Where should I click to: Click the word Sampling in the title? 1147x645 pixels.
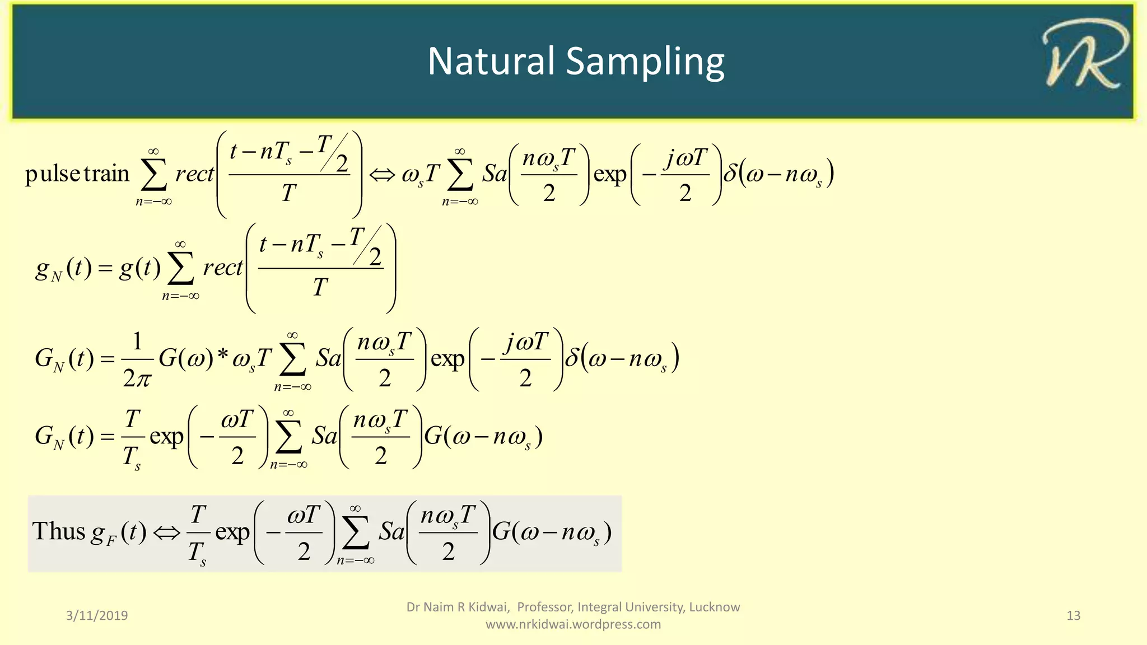coord(645,62)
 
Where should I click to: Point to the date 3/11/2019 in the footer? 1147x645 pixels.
coord(97,615)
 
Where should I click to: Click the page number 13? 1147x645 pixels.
coord(1073,615)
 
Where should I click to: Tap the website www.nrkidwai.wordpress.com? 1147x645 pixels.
coord(573,624)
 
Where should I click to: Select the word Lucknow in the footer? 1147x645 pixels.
coord(714,607)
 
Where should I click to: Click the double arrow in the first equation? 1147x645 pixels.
coord(382,175)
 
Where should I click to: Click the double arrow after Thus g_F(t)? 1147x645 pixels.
coord(166,532)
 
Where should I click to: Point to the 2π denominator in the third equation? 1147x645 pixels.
coord(137,379)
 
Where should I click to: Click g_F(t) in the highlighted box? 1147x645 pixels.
coord(119,532)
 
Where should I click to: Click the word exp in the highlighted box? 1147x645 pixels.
coord(232,532)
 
